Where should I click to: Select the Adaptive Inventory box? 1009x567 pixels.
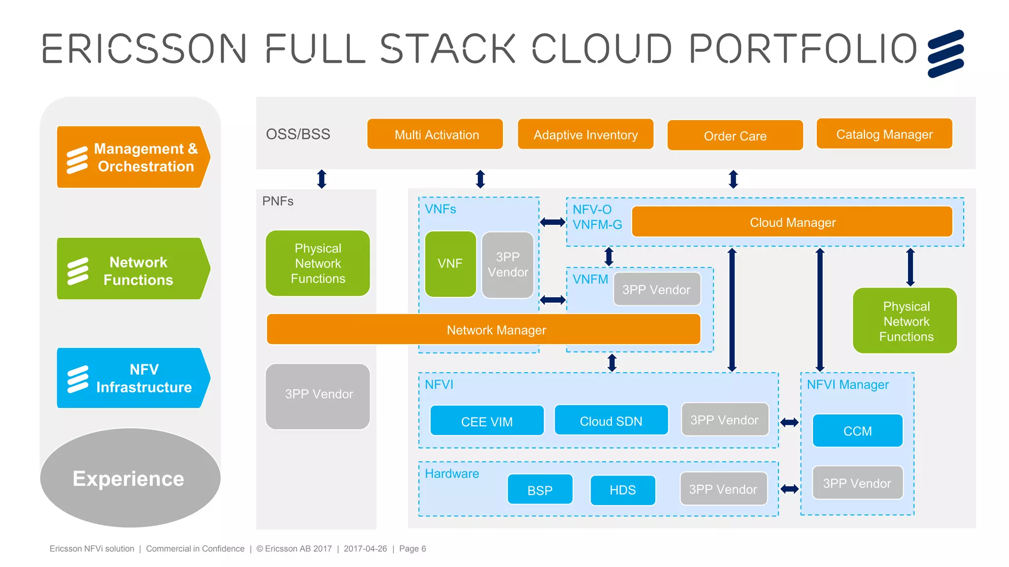pos(585,134)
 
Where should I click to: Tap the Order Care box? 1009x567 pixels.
pos(735,135)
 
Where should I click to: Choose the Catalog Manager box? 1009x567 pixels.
pos(884,134)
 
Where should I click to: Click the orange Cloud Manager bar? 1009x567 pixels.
pos(792,222)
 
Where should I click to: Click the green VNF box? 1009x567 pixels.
pos(450,264)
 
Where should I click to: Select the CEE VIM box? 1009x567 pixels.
pos(487,421)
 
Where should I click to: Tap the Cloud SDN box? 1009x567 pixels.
pos(611,420)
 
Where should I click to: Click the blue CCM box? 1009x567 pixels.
pos(857,431)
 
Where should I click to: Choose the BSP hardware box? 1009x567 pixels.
pos(540,490)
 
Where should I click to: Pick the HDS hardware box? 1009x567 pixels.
pos(622,490)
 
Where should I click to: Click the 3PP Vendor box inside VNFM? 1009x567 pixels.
pos(656,289)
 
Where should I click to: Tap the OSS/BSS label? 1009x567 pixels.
pos(298,134)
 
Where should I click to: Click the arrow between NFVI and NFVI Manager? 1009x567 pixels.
pos(789,422)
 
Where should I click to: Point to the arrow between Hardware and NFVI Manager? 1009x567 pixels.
pos(789,489)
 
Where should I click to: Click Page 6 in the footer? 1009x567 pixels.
pos(412,548)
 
